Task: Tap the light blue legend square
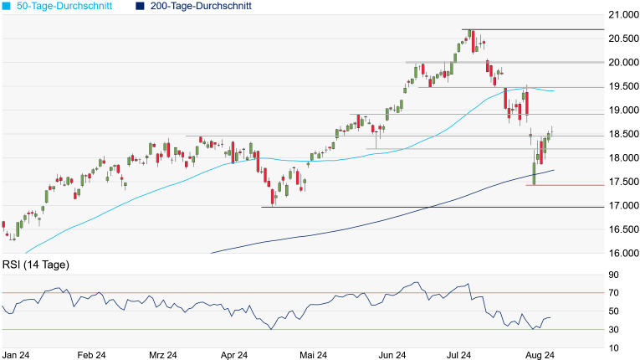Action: pos(6,6)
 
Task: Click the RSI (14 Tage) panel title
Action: pos(35,265)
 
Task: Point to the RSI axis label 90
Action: pos(625,275)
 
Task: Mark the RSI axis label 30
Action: pos(625,329)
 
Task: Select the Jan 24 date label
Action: pos(17,355)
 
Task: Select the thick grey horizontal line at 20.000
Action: pos(519,62)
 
